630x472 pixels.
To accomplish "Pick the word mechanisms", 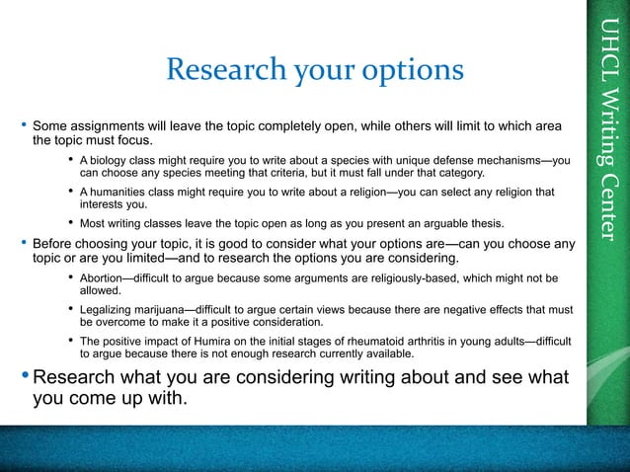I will pyautogui.click(x=502, y=161).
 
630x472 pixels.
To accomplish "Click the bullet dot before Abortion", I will pyautogui.click(x=70, y=279).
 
